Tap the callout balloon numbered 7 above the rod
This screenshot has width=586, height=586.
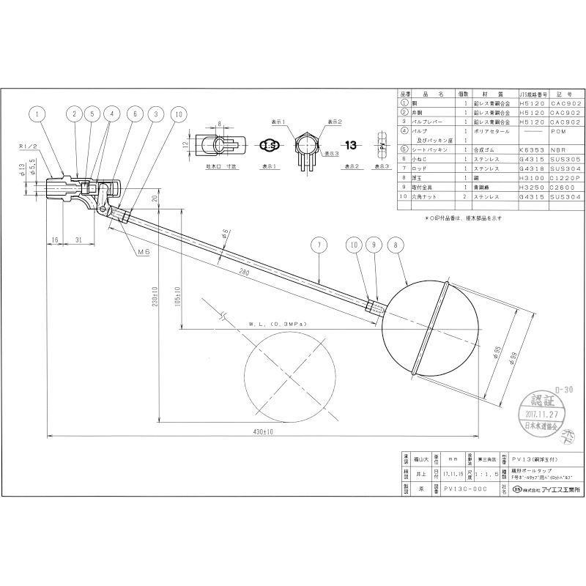[319, 245]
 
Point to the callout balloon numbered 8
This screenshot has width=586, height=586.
[398, 245]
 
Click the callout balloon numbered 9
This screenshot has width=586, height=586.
[376, 245]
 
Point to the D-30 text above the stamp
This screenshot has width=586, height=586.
[564, 389]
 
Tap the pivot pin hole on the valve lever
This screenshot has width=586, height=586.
[102, 208]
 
